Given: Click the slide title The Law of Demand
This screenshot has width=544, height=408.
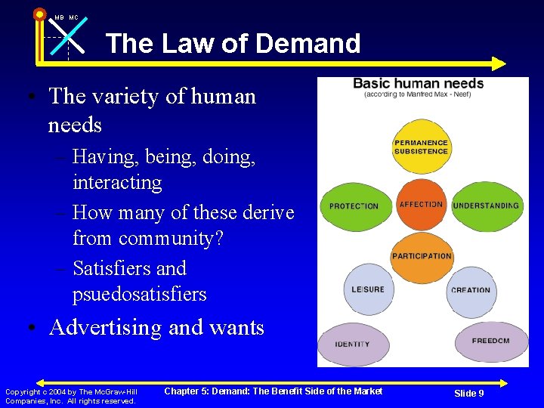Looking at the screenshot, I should [x=233, y=44].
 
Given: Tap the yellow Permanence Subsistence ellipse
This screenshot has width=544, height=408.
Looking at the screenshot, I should [x=421, y=147].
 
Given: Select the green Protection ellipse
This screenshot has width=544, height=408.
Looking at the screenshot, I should [x=354, y=206].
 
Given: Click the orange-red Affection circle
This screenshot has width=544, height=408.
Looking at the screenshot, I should [x=421, y=205].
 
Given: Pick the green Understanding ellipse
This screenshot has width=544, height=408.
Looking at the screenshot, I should [x=486, y=206].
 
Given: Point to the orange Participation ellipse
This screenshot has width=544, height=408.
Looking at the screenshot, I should [x=421, y=258].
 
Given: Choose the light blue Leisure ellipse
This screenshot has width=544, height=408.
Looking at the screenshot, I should [x=368, y=289].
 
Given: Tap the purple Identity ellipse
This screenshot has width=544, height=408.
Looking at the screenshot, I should [x=352, y=344].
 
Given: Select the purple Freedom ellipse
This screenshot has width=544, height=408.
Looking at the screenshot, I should [x=490, y=342].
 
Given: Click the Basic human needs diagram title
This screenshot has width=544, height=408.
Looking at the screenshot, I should [x=419, y=83].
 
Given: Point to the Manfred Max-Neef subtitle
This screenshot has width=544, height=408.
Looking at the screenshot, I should [x=419, y=95].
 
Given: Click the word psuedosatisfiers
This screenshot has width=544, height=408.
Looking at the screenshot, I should [x=139, y=294].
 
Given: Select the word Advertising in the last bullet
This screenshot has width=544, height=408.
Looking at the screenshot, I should [x=105, y=328].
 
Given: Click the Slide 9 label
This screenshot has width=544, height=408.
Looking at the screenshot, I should [x=468, y=394].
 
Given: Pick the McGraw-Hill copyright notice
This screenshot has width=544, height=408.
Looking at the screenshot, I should [x=71, y=396].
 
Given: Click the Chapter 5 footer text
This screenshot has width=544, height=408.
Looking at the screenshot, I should [x=274, y=391].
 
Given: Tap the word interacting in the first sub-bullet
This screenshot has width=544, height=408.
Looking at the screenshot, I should [x=117, y=182].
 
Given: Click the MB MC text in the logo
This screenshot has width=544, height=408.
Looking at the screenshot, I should [x=66, y=17].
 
